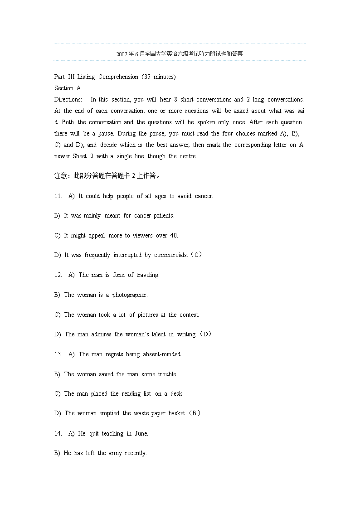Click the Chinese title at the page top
180,54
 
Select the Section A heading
67,88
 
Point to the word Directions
68,100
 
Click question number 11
58,196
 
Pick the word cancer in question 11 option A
204,196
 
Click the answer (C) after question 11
196,255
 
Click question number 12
58,275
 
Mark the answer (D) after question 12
205,334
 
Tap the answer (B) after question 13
194,413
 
